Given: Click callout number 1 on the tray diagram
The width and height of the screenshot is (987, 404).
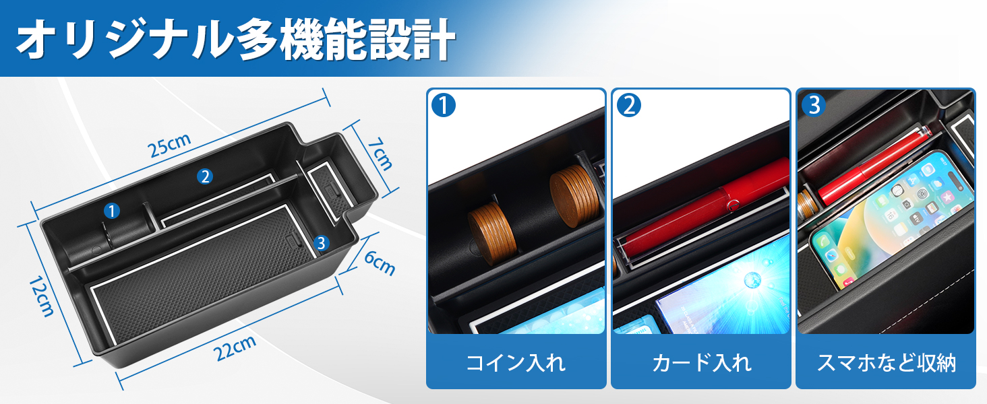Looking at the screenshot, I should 112,211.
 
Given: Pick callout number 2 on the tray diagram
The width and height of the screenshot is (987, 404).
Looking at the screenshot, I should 205,176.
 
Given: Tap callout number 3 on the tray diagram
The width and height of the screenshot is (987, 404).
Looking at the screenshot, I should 322,243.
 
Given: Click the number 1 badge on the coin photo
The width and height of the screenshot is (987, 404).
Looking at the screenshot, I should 444,105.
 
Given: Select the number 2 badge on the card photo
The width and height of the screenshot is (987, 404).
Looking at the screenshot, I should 629,105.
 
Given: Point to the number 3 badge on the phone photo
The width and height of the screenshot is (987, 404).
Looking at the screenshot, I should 814,105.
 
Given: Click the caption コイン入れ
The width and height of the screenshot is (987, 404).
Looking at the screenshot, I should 516,363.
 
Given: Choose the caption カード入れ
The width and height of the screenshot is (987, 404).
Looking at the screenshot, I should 701,363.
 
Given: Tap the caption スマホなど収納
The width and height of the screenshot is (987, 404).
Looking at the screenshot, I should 886,363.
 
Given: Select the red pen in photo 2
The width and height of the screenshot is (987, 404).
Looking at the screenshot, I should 701,209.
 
